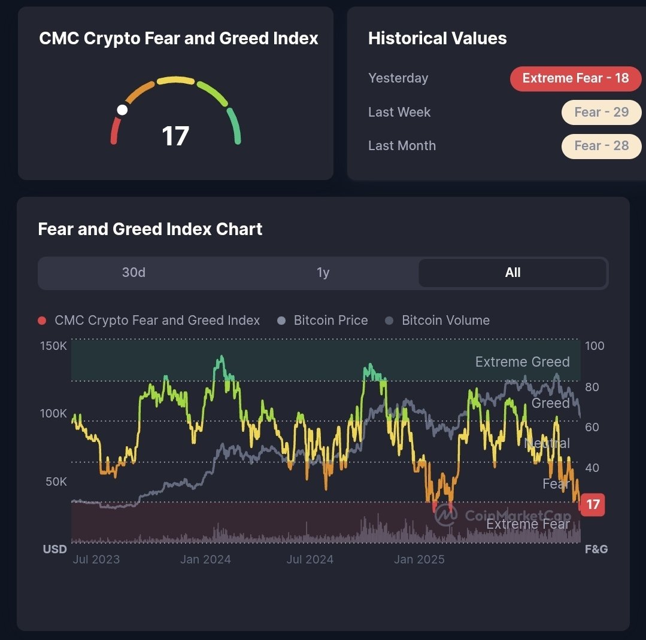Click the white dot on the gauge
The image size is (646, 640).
coord(122,109)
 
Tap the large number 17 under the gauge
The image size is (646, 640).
coord(175,136)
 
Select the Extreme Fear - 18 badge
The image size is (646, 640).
coord(575,78)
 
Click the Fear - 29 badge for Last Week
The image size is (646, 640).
coord(601,112)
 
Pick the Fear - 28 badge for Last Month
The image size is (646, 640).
coord(601,146)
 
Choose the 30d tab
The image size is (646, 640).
coord(134,273)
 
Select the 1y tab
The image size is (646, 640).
coord(323,273)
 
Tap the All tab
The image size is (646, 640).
coord(512,273)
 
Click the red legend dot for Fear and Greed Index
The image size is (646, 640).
coord(42,321)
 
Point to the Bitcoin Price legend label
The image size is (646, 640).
coord(330,321)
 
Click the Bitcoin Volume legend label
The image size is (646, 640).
coord(445,321)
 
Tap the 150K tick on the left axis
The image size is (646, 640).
coord(54,346)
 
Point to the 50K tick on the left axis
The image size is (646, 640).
coord(56,481)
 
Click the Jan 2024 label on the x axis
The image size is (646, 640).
coord(205,560)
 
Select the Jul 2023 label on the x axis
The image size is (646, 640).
coord(96,560)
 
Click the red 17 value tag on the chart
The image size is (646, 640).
coord(593,504)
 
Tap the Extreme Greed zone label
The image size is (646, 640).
coord(522,362)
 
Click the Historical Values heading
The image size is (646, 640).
coord(437,39)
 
